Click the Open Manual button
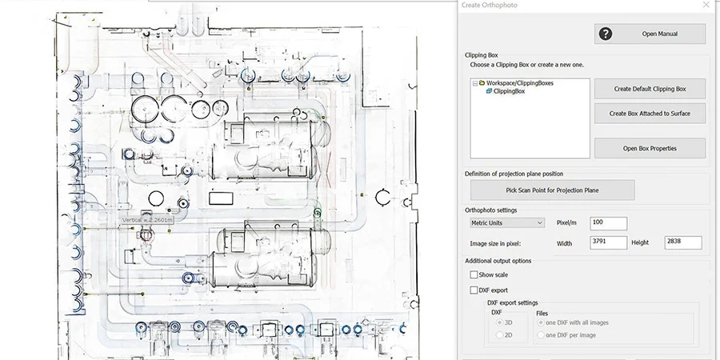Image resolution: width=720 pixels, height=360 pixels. coord(650,34)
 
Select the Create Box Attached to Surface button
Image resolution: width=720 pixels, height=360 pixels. coord(650,114)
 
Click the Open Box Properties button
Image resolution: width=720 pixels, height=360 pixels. coord(650,148)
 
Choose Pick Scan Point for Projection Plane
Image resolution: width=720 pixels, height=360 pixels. coord(552,190)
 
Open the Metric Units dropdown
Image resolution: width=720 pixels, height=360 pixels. coord(506,223)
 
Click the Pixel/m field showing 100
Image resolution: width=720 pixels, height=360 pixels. coord(608,223)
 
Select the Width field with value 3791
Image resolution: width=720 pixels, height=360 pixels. coord(608,242)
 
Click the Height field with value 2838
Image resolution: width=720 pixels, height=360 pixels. coord(682,242)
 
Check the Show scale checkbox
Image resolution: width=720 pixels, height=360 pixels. coord(474,274)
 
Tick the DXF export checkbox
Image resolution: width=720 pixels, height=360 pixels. coord(474,290)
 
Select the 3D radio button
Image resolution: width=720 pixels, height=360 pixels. coord(500,322)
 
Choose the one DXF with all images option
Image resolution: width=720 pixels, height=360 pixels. coord(541,322)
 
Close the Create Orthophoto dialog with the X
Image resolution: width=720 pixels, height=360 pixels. coord(705,5)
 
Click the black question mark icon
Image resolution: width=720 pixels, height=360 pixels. coord(606,34)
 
